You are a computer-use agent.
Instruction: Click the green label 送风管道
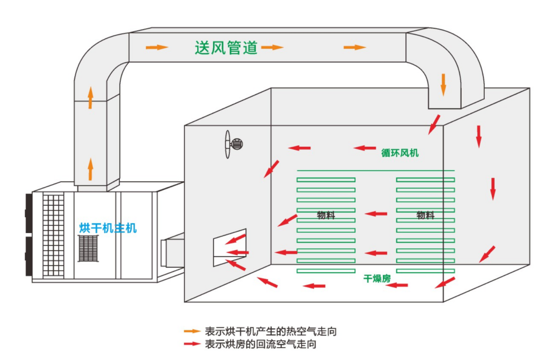coord(226,47)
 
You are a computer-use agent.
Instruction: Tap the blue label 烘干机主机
coord(108,228)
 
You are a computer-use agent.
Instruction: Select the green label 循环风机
coord(400,153)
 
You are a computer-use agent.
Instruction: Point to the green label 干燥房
coord(377,279)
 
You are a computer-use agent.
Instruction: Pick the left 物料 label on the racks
coord(326,216)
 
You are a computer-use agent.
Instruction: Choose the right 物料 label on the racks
coord(426,216)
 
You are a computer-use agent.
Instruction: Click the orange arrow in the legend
coord(192,331)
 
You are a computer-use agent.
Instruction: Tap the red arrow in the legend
coord(192,344)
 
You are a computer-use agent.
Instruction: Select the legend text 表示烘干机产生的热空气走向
coord(271,331)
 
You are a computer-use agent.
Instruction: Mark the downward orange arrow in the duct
coord(444,84)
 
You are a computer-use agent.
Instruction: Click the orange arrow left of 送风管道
coord(157,47)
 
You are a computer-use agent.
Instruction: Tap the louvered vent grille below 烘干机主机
coord(88,248)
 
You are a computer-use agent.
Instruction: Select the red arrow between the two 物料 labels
coord(376,214)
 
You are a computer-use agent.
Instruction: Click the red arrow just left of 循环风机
coord(365,148)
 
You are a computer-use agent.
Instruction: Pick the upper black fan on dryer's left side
coord(29,213)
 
